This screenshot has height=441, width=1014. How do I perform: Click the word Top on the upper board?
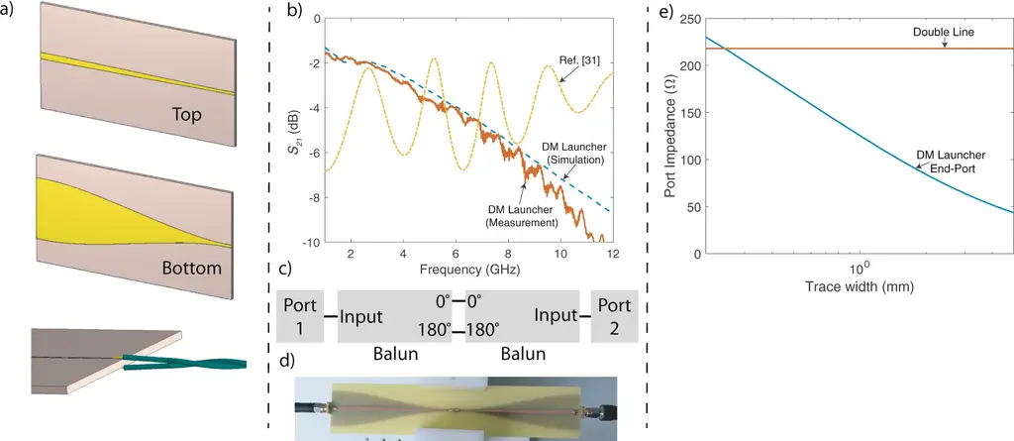point(187,115)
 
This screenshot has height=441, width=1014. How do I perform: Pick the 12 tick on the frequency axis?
point(613,254)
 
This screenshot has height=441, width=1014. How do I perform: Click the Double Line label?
point(944,34)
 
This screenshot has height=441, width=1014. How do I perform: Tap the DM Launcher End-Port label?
point(951,163)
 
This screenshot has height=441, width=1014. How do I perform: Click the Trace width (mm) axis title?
point(859,287)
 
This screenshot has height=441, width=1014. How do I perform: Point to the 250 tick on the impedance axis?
point(685,19)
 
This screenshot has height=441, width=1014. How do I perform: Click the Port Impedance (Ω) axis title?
point(669,136)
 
